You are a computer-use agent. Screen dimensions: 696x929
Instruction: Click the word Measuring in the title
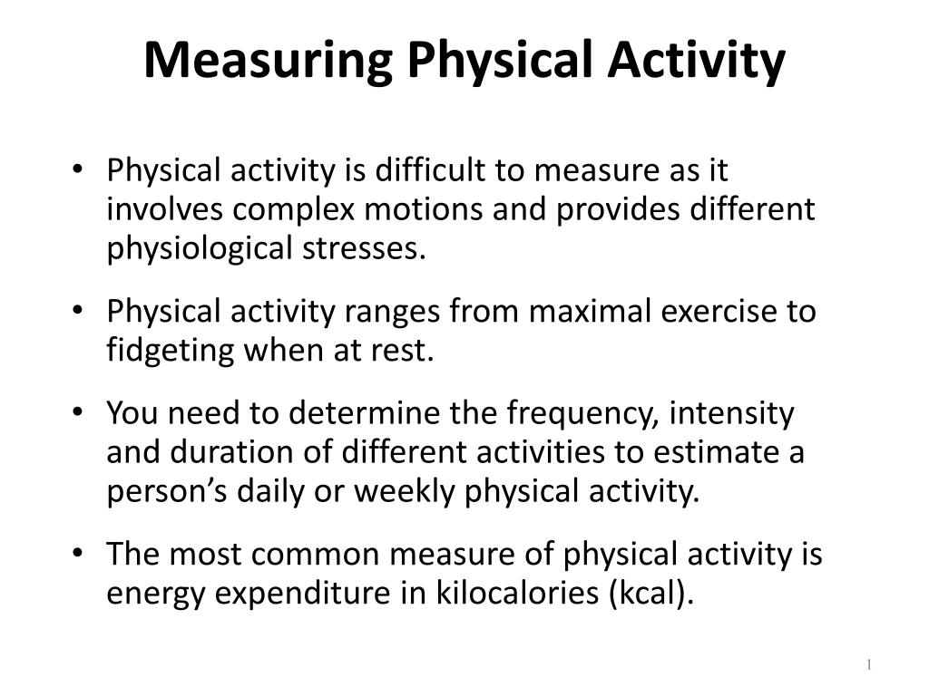[267, 61]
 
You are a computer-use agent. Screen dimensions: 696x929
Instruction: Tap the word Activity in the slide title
[696, 61]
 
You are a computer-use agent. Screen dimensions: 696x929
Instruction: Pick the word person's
[160, 491]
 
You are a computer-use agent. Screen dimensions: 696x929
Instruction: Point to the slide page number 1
[868, 665]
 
